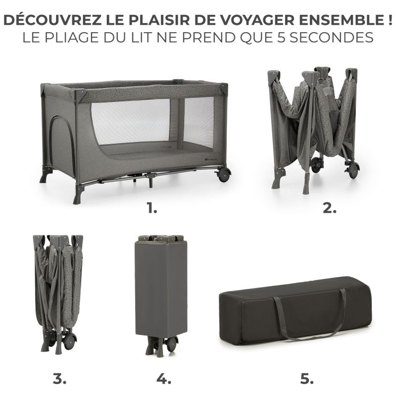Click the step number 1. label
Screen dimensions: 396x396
click(152, 208)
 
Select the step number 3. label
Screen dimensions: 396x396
click(59, 380)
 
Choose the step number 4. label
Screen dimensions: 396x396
click(163, 380)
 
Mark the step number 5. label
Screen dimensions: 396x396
click(307, 380)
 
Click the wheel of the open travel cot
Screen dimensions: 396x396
click(224, 174)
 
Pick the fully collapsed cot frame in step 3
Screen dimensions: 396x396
click(57, 290)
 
